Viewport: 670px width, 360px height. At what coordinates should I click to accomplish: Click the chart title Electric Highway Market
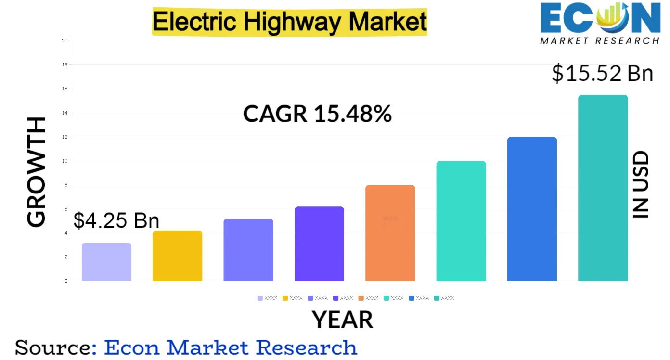point(290,21)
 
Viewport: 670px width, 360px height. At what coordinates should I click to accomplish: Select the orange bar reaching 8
point(390,233)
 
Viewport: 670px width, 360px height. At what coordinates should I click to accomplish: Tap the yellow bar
point(177,256)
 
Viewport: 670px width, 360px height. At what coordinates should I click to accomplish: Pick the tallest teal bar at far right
point(603,188)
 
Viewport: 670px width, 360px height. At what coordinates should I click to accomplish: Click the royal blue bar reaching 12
point(532,209)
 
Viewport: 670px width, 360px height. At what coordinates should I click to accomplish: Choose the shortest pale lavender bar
point(106,262)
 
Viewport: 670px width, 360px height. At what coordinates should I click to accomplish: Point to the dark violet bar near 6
point(319,244)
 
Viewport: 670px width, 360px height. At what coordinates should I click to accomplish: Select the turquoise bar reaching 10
point(461,221)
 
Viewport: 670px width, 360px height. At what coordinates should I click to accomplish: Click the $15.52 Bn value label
point(602,74)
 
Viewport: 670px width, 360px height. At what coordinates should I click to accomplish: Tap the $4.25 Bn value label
point(116,220)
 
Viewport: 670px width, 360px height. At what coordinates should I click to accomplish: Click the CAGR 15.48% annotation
point(317,114)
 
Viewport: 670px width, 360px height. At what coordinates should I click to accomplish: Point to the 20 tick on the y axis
point(64,41)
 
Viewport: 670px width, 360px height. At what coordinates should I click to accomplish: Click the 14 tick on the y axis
point(64,113)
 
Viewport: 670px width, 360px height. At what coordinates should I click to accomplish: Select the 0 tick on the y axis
point(66,281)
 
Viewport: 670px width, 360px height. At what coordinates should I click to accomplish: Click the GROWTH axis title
point(37,172)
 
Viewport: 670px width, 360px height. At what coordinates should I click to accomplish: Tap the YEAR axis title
point(342,319)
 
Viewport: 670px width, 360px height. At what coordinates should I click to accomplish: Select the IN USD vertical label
point(640,185)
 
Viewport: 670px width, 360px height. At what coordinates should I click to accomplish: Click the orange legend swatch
point(361,298)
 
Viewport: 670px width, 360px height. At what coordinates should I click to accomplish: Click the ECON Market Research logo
point(600,23)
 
